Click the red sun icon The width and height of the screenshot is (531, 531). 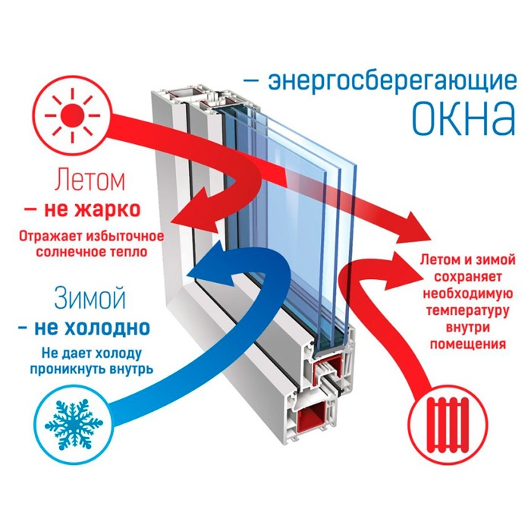click(73, 115)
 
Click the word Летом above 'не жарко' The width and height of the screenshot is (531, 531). click(90, 181)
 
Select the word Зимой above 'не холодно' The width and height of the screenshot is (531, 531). click(90, 298)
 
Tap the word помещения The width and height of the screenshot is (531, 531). click(468, 344)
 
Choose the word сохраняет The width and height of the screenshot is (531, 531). click(468, 277)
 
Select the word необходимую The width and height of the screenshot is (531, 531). click(468, 294)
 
